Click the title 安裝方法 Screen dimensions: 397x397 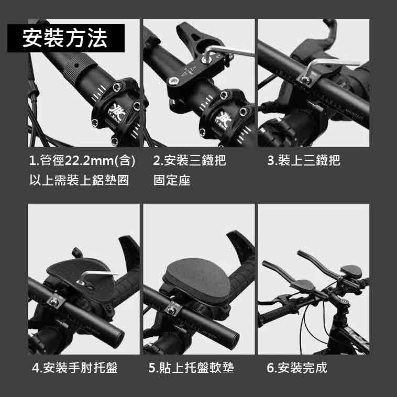click(65, 38)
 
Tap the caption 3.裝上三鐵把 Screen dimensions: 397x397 click(303, 160)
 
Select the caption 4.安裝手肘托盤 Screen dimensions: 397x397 click(74, 368)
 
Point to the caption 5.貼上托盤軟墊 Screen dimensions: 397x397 click(191, 368)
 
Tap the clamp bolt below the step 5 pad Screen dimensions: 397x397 click(170, 310)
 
